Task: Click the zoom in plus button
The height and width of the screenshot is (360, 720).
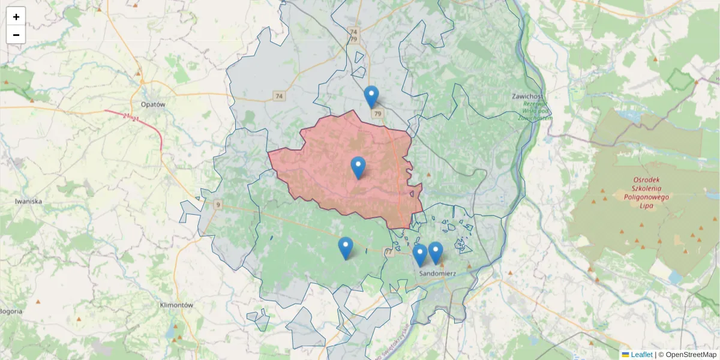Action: pos(16,17)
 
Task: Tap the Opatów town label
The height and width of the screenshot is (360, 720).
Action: pos(152,104)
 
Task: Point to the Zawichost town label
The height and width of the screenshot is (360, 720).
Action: pos(528,97)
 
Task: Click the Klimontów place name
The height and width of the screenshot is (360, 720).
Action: pos(176,305)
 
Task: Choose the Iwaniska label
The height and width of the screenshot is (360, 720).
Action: pos(28,202)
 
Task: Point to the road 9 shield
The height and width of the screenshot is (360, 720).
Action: pos(217,205)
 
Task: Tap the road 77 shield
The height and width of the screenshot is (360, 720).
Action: pos(389,253)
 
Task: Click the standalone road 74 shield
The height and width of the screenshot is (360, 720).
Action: pos(278,96)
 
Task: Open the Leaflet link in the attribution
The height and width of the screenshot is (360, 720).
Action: pos(641,355)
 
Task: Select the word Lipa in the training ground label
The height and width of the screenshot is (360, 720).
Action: pos(646,205)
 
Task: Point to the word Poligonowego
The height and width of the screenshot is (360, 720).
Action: pos(646,196)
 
